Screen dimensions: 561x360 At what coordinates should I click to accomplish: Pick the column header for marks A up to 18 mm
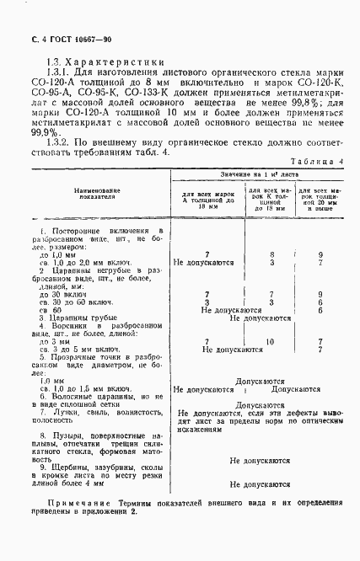point(207,199)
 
